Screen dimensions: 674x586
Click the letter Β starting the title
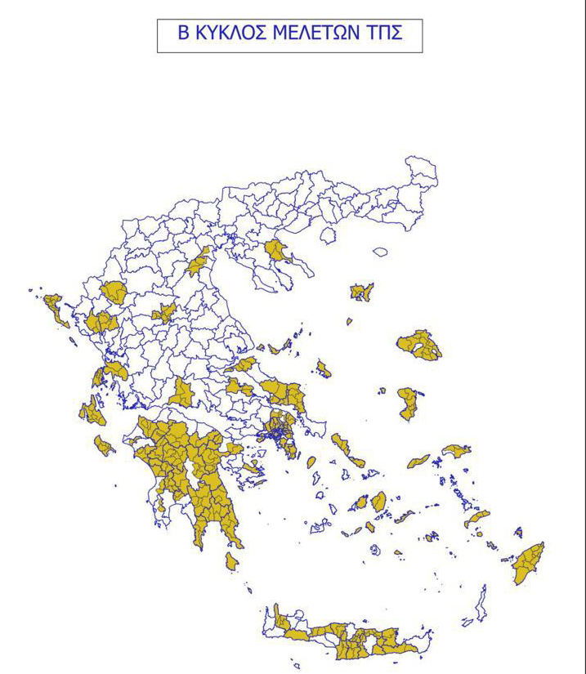[x=184, y=34]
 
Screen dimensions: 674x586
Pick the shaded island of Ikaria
[x=418, y=462]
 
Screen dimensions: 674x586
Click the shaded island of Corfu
[x=56, y=309]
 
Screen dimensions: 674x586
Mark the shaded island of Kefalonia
[x=92, y=413]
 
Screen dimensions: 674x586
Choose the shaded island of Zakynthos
[x=104, y=445]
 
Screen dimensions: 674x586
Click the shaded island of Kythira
[x=231, y=561]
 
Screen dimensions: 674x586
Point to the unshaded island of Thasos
[x=328, y=235]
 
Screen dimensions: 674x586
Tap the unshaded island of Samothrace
[x=380, y=252]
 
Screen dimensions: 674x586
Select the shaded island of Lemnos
[x=360, y=292]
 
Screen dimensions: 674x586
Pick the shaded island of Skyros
[x=324, y=369]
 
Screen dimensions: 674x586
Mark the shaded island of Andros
[x=340, y=444]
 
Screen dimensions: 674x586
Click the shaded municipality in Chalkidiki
[x=277, y=250]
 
